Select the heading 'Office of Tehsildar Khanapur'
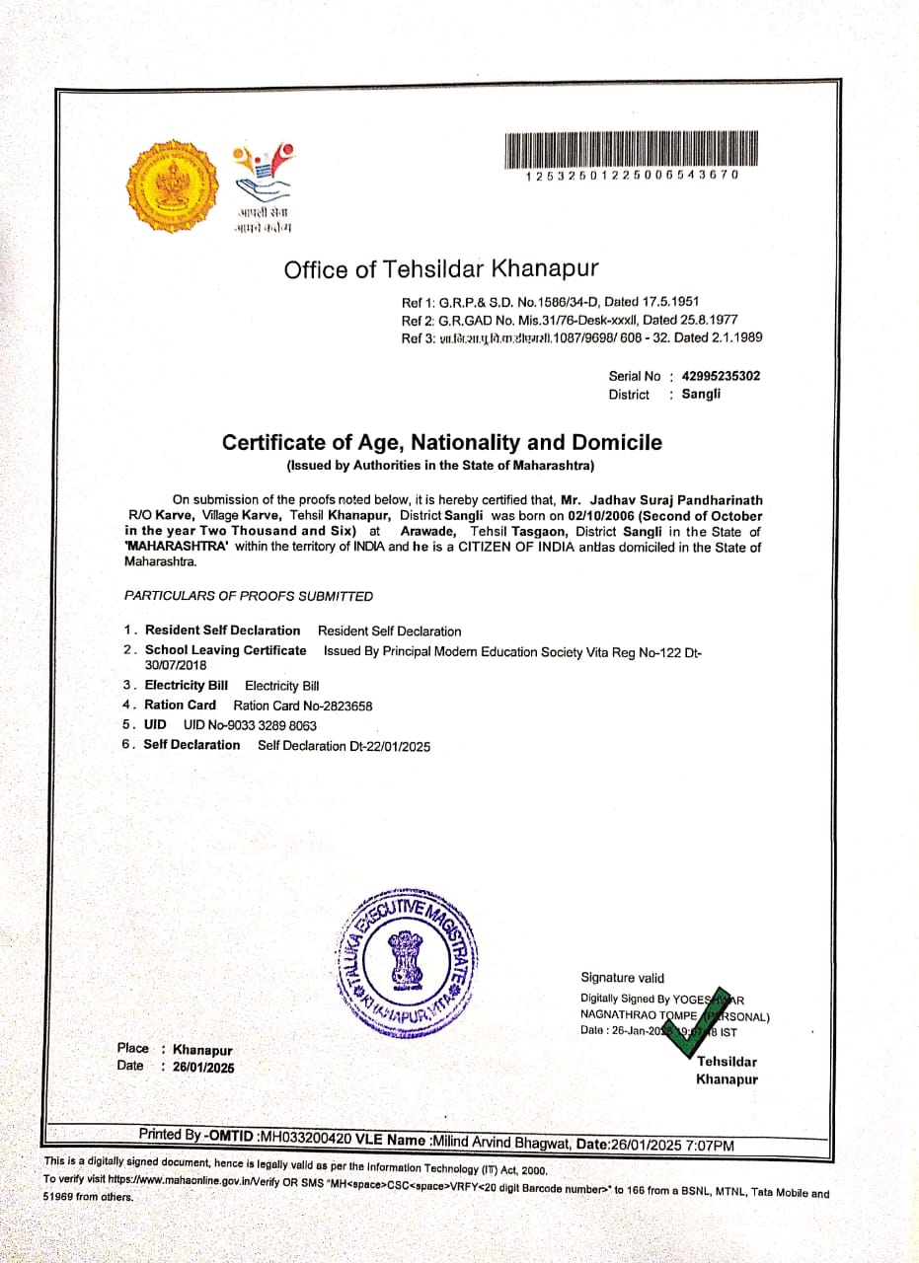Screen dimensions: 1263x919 pyautogui.click(x=440, y=269)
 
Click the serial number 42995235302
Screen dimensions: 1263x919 pyautogui.click(x=721, y=376)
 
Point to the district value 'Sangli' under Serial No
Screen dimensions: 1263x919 pyautogui.click(x=701, y=394)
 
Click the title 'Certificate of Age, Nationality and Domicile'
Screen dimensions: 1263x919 pyautogui.click(x=441, y=443)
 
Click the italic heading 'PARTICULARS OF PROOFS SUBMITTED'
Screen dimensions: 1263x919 pyautogui.click(x=249, y=596)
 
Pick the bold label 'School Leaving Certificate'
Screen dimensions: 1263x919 pyautogui.click(x=225, y=650)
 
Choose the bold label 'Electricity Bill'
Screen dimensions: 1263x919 pyautogui.click(x=186, y=685)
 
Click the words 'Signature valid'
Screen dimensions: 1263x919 pyautogui.click(x=622, y=978)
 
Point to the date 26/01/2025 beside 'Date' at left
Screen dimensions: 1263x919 pyautogui.click(x=204, y=1067)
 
